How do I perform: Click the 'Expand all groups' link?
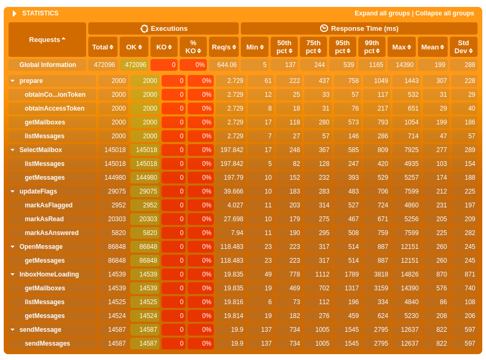pos(382,13)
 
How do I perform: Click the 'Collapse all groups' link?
pos(445,13)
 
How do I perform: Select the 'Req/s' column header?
pos(223,47)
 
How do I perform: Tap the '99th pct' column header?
pos(372,47)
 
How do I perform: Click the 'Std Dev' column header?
pos(463,47)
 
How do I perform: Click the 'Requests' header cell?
pos(47,39)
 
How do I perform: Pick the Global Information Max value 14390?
pos(401,65)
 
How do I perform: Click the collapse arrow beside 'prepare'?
pos(12,81)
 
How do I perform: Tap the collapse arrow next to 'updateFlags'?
pos(12,191)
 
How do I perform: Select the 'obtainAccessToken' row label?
pos(54,108)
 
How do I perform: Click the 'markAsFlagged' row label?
pos(48,205)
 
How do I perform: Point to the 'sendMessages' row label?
pos(47,344)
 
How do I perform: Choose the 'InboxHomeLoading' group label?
pos(49,274)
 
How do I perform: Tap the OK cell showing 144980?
pos(145,178)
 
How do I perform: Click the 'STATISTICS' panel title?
pos(40,13)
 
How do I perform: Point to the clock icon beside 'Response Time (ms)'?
pos(324,28)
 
